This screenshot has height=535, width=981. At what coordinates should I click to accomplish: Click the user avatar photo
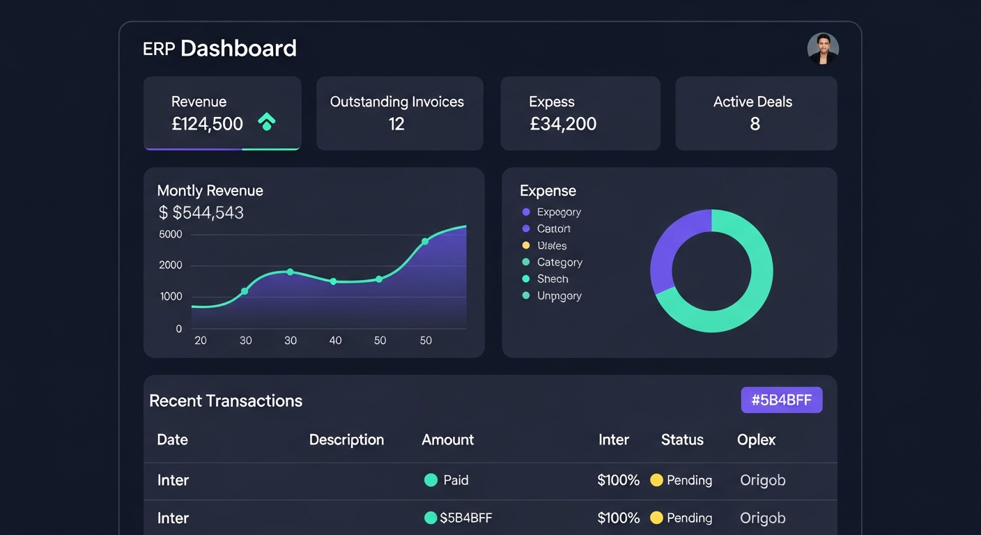click(x=823, y=48)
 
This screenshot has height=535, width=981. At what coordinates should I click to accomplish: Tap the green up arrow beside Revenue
click(x=266, y=122)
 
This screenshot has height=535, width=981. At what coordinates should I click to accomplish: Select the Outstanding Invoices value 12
click(x=396, y=124)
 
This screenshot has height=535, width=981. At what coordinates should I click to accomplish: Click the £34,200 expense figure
click(x=563, y=124)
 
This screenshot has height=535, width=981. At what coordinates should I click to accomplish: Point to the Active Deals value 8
click(x=755, y=124)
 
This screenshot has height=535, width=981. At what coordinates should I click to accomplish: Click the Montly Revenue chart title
click(x=210, y=190)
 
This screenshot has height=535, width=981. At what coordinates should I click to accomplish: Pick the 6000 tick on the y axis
click(x=171, y=234)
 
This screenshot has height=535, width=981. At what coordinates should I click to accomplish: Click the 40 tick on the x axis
click(x=335, y=341)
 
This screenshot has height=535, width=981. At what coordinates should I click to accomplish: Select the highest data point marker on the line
click(x=425, y=242)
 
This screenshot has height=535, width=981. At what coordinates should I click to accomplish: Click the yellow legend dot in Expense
click(x=526, y=245)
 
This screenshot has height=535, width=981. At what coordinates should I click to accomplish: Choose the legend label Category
click(x=559, y=262)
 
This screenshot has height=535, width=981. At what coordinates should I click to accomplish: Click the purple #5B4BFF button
click(x=781, y=400)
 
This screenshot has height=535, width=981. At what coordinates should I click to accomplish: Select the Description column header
click(x=346, y=440)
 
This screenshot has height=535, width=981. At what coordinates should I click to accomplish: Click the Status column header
click(x=682, y=440)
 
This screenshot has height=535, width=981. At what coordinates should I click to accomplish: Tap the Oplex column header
click(x=756, y=440)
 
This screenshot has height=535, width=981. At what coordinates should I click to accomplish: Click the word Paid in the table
click(x=456, y=480)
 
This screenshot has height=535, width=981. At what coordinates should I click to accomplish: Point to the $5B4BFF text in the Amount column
click(x=466, y=518)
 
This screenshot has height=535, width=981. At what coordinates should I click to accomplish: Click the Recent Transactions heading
click(x=226, y=401)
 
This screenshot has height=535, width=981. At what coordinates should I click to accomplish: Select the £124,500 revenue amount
click(x=207, y=124)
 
